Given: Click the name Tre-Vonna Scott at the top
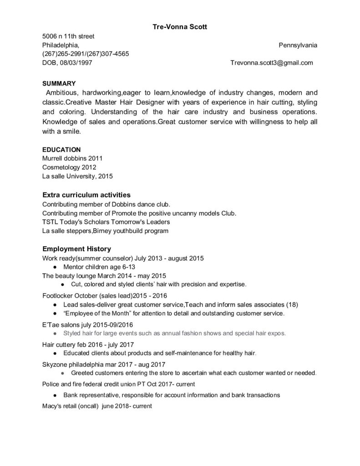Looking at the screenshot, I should pyautogui.click(x=180, y=27).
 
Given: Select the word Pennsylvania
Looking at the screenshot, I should pyautogui.click(x=298, y=45).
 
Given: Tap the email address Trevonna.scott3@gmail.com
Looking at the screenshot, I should pyautogui.click(x=272, y=63).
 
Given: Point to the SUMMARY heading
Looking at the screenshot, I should pyautogui.click(x=59, y=83).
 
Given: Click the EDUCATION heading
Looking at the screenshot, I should pyautogui.click(x=61, y=149).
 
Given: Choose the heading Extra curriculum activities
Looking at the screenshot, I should pyautogui.click(x=86, y=195).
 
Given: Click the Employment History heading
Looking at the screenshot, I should pyautogui.click(x=76, y=249).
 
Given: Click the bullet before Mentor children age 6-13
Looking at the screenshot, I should pyautogui.click(x=54, y=267).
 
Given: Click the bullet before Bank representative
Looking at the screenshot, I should pyautogui.click(x=54, y=395).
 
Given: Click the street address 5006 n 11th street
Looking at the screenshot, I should pyautogui.click(x=68, y=36).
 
